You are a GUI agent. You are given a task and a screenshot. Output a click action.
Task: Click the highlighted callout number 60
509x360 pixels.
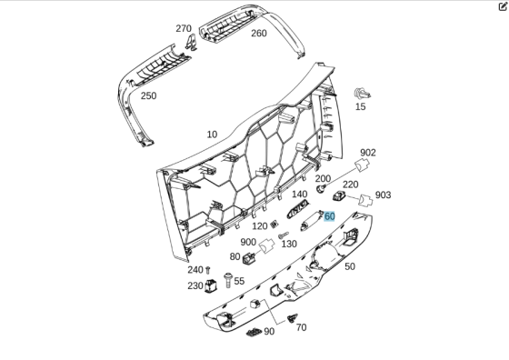pyautogui.click(x=329, y=216)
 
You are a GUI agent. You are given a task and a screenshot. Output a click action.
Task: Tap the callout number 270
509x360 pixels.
pyautogui.click(x=184, y=28)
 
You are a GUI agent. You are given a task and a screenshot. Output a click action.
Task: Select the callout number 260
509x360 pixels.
pyautogui.click(x=259, y=34)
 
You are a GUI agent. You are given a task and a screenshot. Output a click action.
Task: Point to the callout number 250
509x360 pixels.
pyautogui.click(x=148, y=95)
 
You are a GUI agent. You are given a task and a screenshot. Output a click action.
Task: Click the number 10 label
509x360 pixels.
pyautogui.click(x=212, y=135)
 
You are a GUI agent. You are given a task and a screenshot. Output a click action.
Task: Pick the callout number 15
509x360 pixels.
pyautogui.click(x=361, y=106)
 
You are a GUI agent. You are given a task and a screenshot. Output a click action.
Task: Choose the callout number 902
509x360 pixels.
pyautogui.click(x=368, y=153)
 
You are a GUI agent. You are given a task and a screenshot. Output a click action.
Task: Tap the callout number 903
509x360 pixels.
pyautogui.click(x=383, y=195)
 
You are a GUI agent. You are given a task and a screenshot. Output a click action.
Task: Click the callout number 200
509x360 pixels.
pyautogui.click(x=323, y=178)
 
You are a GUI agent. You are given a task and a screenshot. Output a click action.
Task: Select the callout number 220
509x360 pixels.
pyautogui.click(x=351, y=185)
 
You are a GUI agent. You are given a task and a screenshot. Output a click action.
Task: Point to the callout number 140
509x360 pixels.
pyautogui.click(x=300, y=195)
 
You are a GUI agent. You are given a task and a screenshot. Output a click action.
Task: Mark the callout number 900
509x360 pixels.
pyautogui.click(x=248, y=242)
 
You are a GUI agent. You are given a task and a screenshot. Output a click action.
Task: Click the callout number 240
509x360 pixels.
pyautogui.click(x=195, y=270)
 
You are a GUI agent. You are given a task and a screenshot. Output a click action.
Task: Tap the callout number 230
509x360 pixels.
pyautogui.click(x=195, y=285)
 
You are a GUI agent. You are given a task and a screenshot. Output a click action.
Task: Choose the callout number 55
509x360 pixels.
pyautogui.click(x=239, y=282)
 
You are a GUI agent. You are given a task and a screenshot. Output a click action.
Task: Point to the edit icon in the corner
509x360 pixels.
pyautogui.click(x=503, y=5)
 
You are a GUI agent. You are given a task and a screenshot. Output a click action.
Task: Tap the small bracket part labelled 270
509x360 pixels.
pyautogui.click(x=192, y=45)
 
